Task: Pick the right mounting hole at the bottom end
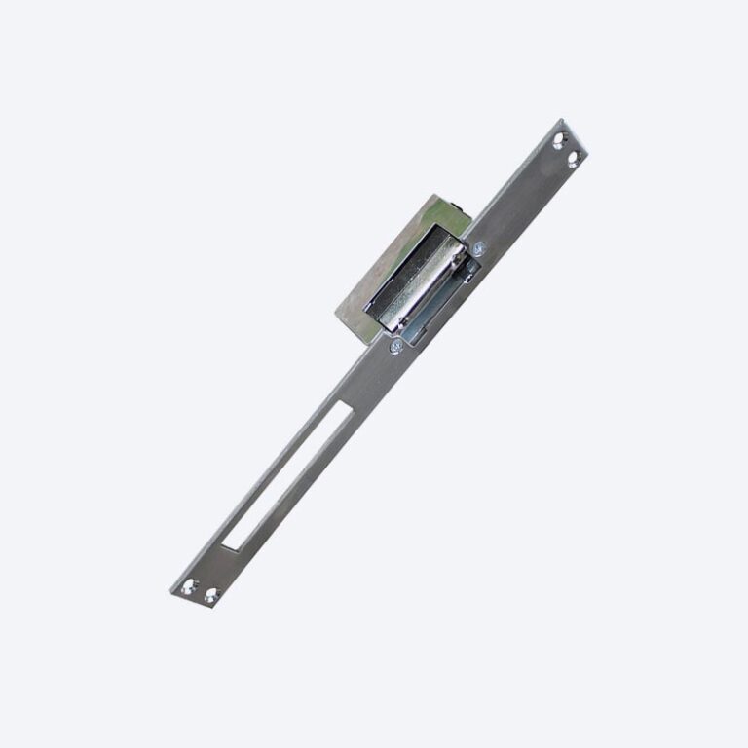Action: click(209, 594)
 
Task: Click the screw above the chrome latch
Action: click(478, 250)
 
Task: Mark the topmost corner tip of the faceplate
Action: click(563, 120)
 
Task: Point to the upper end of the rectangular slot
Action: click(343, 409)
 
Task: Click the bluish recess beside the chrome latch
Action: click(433, 312)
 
